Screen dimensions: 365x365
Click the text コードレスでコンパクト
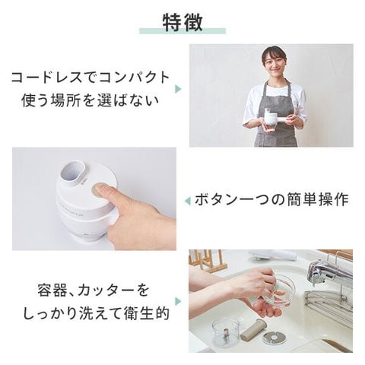90,78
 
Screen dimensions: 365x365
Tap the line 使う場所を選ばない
90,100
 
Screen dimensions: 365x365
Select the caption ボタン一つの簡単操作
271,199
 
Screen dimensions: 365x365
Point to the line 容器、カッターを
93,290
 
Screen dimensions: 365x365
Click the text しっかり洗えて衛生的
97,313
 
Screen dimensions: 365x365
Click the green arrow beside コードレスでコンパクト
178,89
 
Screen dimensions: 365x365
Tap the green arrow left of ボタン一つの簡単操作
187,202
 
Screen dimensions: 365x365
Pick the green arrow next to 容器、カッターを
178,301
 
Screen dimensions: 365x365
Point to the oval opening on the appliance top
75,172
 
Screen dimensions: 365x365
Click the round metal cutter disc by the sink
275,337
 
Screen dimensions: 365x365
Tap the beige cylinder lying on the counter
253,329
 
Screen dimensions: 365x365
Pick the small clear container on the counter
226,332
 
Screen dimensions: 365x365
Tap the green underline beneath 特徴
182,31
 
